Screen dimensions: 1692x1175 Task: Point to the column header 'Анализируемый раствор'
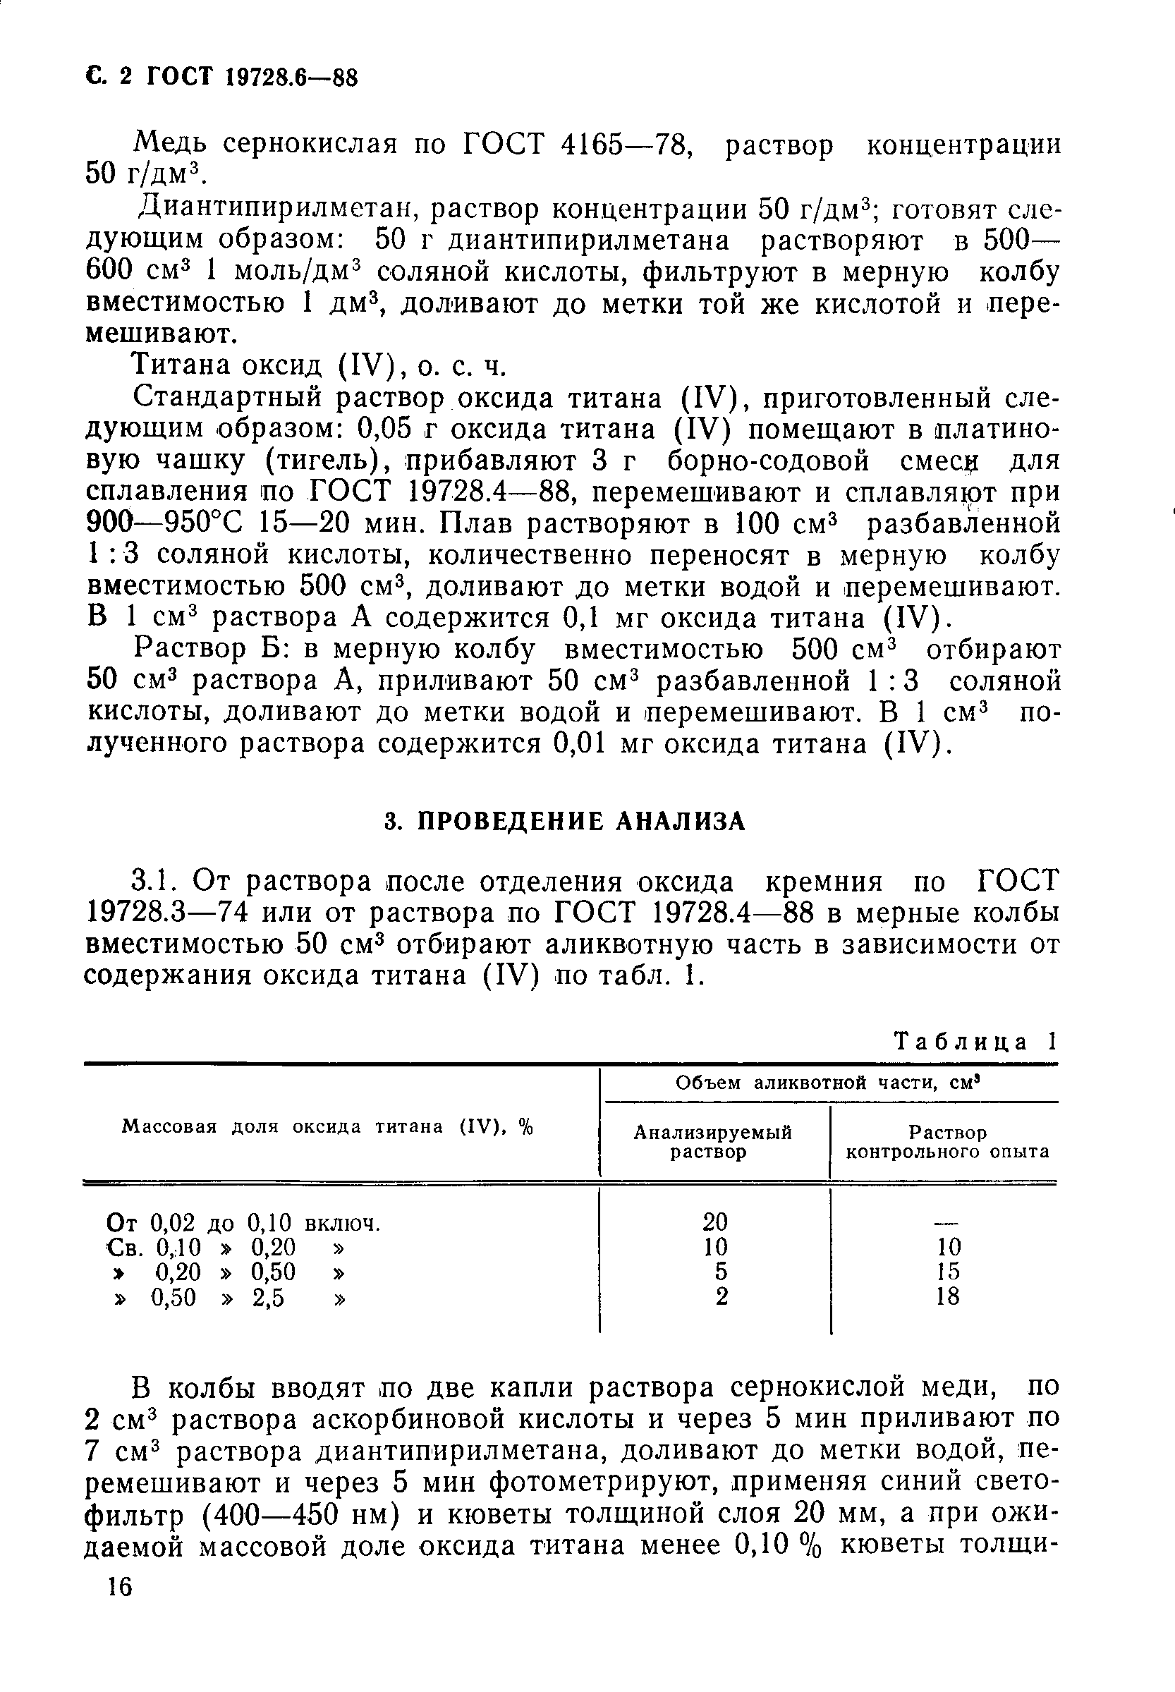tap(712, 1142)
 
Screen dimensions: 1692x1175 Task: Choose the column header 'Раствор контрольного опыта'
tap(947, 1142)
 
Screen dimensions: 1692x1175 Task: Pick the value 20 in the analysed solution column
tap(715, 1222)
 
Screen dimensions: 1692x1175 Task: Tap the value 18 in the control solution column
tap(947, 1296)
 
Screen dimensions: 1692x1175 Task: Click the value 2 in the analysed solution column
tap(722, 1296)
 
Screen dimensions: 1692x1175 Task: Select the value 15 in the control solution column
tap(947, 1272)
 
